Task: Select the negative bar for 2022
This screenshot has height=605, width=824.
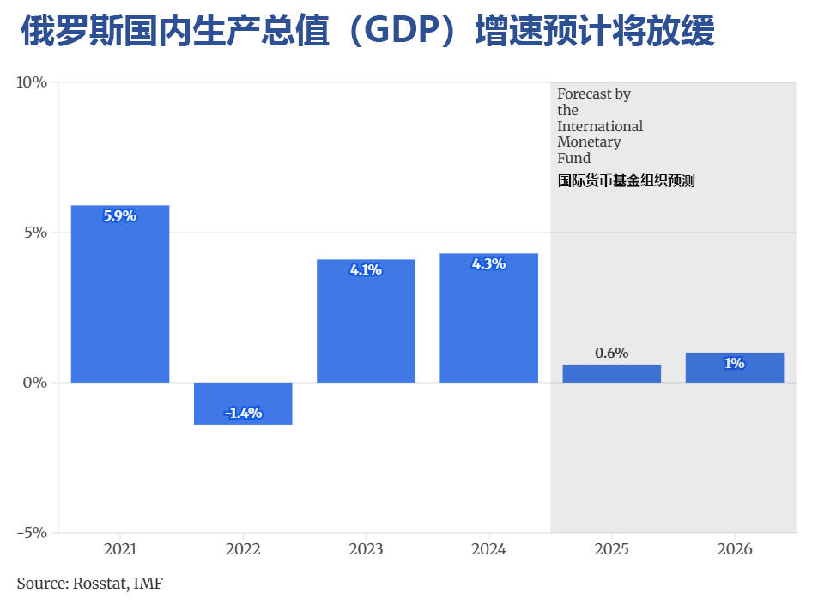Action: tap(243, 402)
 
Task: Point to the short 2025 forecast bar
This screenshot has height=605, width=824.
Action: tap(611, 373)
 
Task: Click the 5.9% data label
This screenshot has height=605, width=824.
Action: tap(120, 216)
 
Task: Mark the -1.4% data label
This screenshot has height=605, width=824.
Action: tap(243, 413)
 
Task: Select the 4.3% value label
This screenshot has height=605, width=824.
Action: tap(488, 264)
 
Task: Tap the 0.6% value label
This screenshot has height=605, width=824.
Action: tap(611, 353)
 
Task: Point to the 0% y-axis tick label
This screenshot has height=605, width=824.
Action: tap(34, 382)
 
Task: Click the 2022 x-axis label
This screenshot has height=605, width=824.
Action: tap(243, 549)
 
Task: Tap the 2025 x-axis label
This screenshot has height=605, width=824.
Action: tap(611, 549)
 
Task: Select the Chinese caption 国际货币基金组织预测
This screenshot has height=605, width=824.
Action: tap(626, 181)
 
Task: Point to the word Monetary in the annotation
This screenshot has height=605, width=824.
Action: tap(589, 142)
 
